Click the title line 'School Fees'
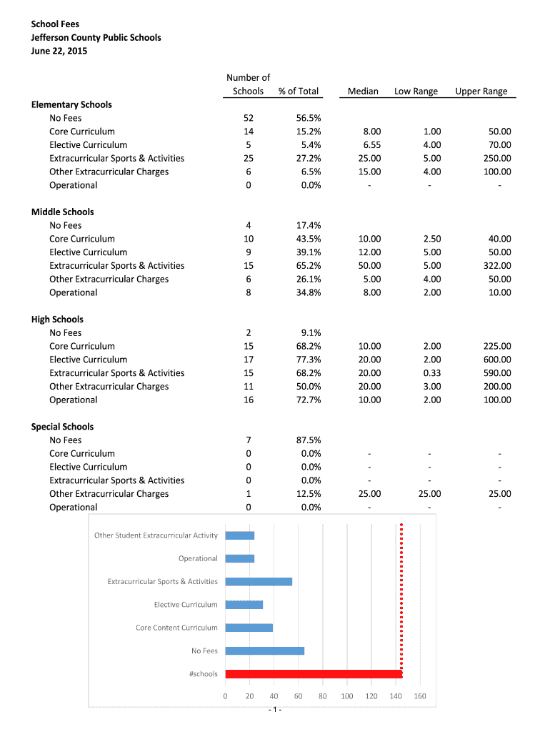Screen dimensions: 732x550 55,24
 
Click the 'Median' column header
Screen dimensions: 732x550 363,91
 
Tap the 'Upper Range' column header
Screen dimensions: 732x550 481,91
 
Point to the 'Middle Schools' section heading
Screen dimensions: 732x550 63,212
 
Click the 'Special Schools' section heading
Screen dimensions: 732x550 63,427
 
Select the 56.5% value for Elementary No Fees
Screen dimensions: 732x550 309,118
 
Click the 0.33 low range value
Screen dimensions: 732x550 431,373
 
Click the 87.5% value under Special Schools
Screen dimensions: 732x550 309,440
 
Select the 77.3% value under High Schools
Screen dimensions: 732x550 309,360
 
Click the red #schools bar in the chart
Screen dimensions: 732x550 314,674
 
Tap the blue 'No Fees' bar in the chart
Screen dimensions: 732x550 264,651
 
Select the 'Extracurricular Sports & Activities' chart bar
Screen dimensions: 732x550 259,581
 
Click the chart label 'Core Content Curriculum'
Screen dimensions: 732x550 176,628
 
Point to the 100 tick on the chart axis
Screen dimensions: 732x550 346,696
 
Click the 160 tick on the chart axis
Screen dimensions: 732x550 420,696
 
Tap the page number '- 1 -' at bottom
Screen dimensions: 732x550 275,709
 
